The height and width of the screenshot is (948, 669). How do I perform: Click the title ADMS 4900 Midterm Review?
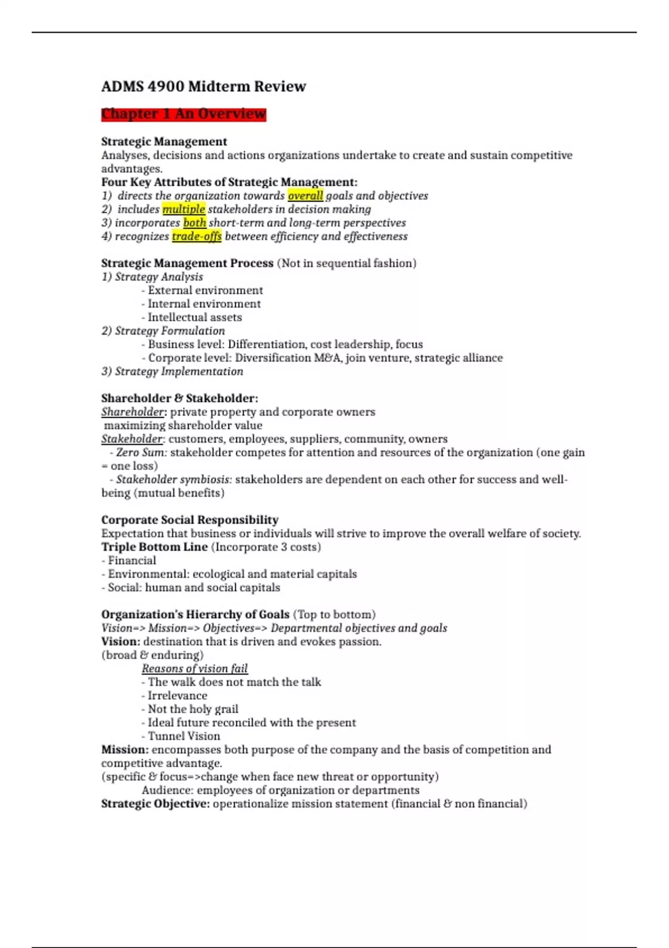203,86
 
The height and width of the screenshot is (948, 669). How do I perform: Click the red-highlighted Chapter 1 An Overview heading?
183,114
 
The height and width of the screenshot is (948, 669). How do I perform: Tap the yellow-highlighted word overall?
305,196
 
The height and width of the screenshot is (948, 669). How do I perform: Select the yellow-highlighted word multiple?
183,209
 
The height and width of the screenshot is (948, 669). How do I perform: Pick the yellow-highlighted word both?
195,223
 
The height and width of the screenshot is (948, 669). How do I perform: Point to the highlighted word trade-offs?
196,236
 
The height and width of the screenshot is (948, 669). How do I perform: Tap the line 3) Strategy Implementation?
172,371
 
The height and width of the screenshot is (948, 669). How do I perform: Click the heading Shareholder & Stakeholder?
180,398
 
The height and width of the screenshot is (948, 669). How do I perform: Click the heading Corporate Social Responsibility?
190,520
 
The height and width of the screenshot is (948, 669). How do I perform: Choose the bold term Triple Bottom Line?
154,547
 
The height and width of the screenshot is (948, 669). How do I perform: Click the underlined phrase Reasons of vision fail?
195,668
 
